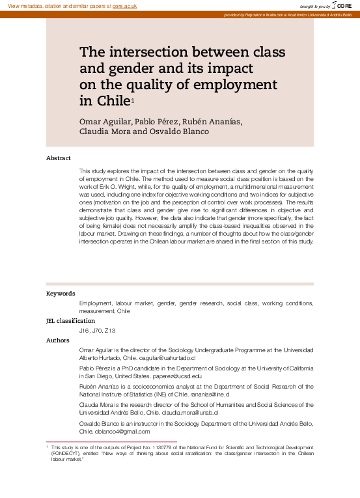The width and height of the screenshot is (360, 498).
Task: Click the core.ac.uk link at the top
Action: (x=126, y=5)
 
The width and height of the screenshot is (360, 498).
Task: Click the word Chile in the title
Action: (x=113, y=101)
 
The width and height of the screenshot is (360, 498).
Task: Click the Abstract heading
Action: (x=59, y=158)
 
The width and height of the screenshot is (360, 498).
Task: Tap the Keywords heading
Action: (x=61, y=294)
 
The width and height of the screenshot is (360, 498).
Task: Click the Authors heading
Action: (x=58, y=340)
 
